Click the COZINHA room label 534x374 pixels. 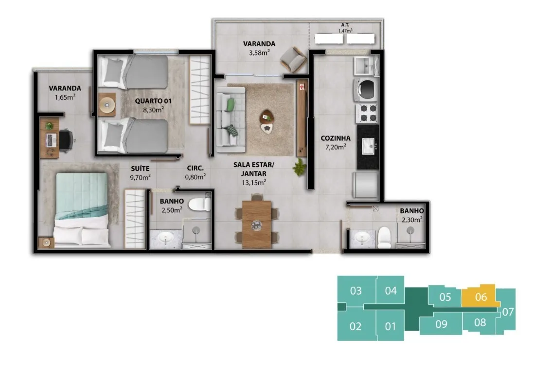click(x=336, y=138)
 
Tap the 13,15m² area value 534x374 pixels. click(x=254, y=183)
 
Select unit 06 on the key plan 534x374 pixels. click(x=481, y=296)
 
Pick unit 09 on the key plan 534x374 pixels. click(x=442, y=324)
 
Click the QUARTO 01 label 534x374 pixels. click(x=153, y=101)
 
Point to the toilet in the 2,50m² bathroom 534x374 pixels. click(x=200, y=204)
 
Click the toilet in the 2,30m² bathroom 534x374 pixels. click(x=384, y=237)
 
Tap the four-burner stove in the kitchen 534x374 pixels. click(x=367, y=113)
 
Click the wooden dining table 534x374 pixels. click(x=257, y=224)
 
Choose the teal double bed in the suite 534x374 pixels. click(x=82, y=210)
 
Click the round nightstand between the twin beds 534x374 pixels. click(x=107, y=105)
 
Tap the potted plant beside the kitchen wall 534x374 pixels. click(x=300, y=167)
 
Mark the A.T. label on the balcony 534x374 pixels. click(x=345, y=25)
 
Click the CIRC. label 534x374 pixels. click(x=195, y=168)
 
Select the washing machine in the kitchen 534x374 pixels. click(x=366, y=90)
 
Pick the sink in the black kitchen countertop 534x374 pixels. click(x=368, y=146)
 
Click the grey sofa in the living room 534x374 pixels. click(x=231, y=119)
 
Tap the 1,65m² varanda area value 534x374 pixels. click(x=65, y=97)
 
